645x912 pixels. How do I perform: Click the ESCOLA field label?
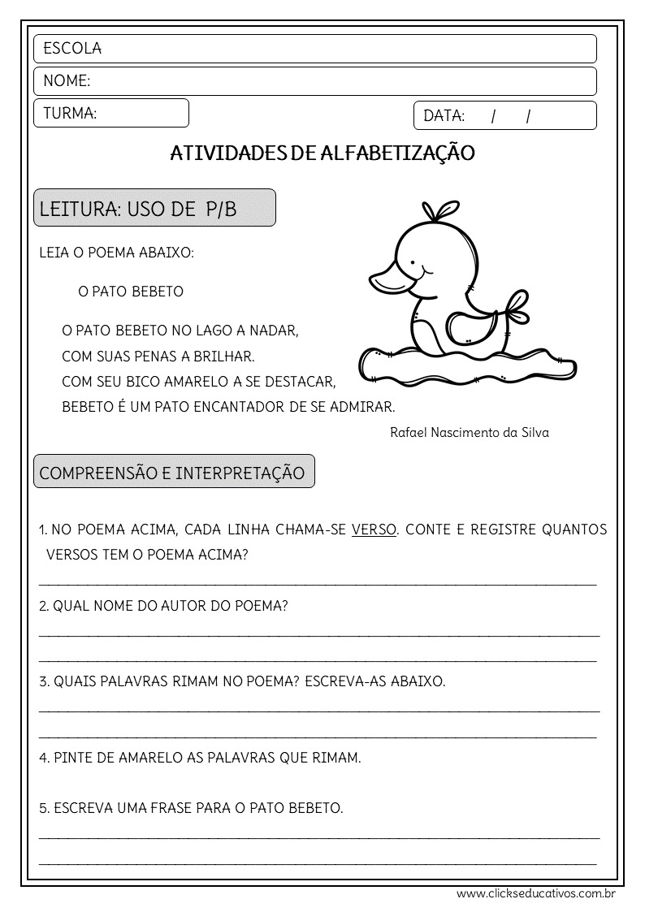click(72, 49)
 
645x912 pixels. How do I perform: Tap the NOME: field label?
click(66, 81)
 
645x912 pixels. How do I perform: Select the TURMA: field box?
click(111, 113)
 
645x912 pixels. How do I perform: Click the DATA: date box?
click(504, 115)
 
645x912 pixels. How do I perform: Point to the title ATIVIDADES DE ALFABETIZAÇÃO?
click(322, 153)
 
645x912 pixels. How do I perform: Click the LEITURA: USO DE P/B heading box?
click(154, 208)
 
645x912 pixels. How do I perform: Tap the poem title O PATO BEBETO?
click(131, 291)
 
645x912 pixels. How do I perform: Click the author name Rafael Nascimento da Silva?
click(470, 432)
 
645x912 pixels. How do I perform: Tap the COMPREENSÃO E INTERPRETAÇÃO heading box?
click(173, 472)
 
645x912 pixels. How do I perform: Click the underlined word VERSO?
click(374, 529)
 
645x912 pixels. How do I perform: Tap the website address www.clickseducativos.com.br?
click(535, 893)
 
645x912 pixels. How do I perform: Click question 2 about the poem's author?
click(164, 606)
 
